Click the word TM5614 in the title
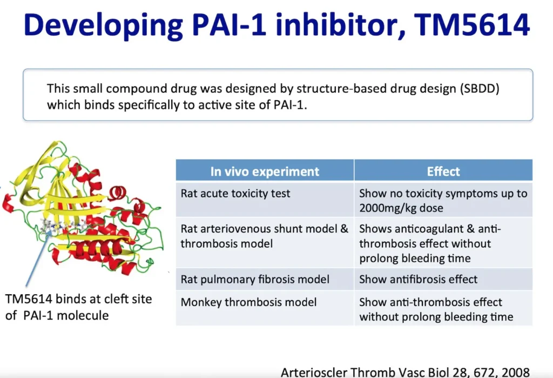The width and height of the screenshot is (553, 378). coord(472,25)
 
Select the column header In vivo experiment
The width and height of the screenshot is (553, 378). coord(265,171)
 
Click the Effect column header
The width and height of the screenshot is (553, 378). coord(443,171)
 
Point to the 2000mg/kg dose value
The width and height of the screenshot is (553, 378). coord(401,208)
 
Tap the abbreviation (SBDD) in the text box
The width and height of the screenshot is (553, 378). coord(480,88)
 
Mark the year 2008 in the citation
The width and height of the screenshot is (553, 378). coord(515,372)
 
